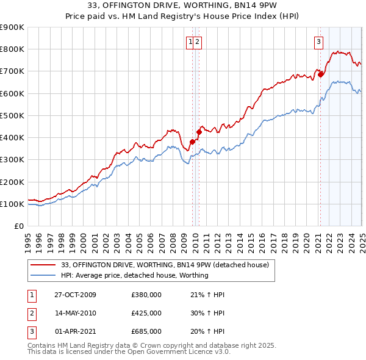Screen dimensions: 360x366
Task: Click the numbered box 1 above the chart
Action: coord(190,42)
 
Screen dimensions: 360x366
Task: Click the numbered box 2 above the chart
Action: coord(198,42)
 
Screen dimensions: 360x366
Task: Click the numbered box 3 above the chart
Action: coord(318,42)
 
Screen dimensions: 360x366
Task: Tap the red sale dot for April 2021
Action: coord(320,76)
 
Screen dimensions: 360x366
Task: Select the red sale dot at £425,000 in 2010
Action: coord(199,132)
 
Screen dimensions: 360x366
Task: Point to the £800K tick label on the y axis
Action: coord(12,49)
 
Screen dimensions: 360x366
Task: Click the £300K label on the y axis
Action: coord(12,160)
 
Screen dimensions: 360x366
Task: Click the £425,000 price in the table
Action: coord(146,313)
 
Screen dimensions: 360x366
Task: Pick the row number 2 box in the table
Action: coord(32,313)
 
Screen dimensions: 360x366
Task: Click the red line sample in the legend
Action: coord(43,265)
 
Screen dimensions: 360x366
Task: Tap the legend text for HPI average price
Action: coord(135,275)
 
